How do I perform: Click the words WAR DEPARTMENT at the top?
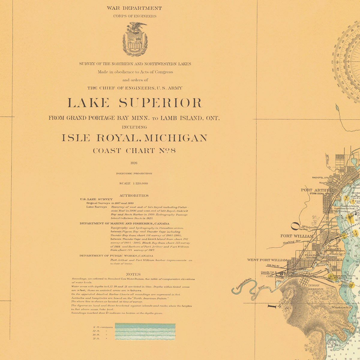(x=134, y=8)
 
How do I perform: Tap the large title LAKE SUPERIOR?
(x=135, y=103)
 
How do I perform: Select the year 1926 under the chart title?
(x=134, y=163)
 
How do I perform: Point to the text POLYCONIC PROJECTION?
(x=134, y=173)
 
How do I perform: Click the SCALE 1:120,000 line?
(x=134, y=183)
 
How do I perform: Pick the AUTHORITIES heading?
(x=134, y=196)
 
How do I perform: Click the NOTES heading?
(x=133, y=274)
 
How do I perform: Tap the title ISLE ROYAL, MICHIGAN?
(x=134, y=138)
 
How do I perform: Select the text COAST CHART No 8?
(x=134, y=151)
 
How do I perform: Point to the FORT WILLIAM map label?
(x=297, y=236)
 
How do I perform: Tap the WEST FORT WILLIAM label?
(x=267, y=260)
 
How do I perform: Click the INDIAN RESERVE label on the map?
(x=316, y=287)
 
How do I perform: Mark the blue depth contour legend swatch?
(x=145, y=331)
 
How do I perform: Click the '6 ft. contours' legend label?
(x=103, y=327)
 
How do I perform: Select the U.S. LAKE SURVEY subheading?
(x=96, y=199)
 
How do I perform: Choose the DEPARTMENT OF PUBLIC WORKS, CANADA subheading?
(x=116, y=256)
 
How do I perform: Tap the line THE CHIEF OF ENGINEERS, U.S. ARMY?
(x=135, y=88)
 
